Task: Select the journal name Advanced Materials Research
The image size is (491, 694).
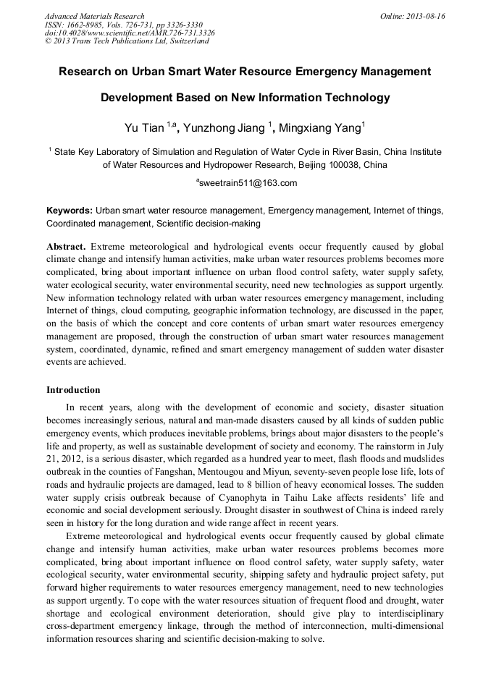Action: click(x=94, y=16)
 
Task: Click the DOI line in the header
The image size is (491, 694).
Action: click(x=130, y=33)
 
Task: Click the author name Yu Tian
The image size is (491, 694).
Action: click(x=145, y=129)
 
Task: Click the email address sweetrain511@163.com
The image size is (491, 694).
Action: click(x=248, y=184)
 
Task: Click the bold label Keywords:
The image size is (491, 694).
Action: click(x=70, y=211)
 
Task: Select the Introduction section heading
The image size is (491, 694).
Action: click(x=73, y=390)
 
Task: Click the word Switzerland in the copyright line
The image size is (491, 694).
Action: click(x=182, y=41)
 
